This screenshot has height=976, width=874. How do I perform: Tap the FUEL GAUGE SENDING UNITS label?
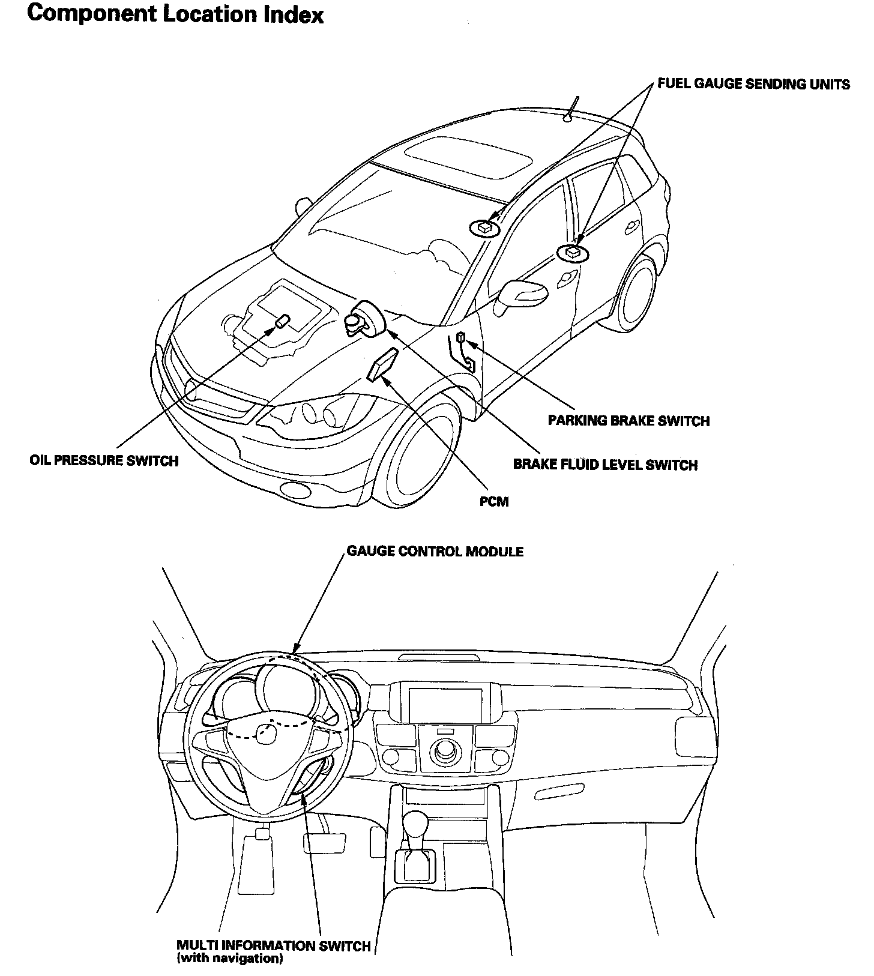(753, 84)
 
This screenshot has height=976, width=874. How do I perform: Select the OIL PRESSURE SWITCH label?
(104, 461)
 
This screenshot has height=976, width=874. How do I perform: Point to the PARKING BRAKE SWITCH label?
(628, 421)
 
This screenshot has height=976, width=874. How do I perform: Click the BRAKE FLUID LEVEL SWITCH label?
(605, 465)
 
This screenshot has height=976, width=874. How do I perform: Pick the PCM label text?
(494, 501)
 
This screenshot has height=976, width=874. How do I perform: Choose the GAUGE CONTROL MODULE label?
(435, 551)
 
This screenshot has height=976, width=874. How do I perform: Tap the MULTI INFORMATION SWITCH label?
(273, 946)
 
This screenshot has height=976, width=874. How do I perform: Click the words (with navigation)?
(229, 959)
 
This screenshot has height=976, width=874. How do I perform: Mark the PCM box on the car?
(382, 365)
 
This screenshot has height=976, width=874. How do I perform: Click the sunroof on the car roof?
(469, 157)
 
